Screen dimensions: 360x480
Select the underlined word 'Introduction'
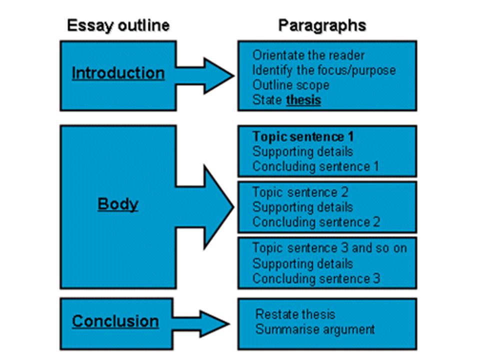tap(118, 73)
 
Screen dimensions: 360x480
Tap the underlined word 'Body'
tap(118, 204)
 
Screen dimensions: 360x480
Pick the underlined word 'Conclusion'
tap(115, 321)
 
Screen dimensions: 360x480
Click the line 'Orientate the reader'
tap(308, 55)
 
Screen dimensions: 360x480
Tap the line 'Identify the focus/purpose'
tap(324, 70)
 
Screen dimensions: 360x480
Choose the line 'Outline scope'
tap(290, 85)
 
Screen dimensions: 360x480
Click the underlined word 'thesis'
tap(303, 100)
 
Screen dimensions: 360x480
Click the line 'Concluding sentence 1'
tap(315, 166)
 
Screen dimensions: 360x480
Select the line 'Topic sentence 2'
tap(300, 192)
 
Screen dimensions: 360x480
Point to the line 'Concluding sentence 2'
tap(316, 221)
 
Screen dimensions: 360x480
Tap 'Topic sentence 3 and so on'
tap(329, 248)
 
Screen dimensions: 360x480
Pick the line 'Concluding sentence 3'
tap(316, 278)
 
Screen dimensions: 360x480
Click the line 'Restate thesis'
tap(295, 314)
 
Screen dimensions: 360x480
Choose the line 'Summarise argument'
tap(315, 329)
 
